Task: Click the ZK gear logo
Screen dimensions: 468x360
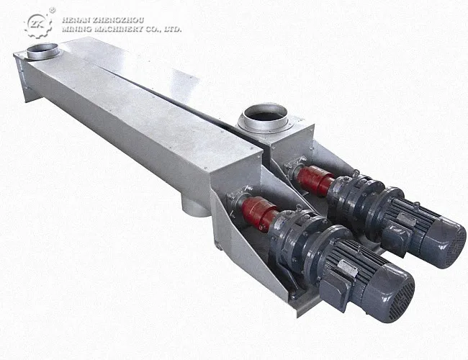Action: pyautogui.click(x=38, y=25)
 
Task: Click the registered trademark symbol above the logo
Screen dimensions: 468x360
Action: pyautogui.click(x=53, y=10)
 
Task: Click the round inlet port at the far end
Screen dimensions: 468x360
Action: pyautogui.click(x=42, y=51)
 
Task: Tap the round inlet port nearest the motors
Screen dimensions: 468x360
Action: pyautogui.click(x=265, y=117)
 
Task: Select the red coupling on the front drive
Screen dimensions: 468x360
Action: pyautogui.click(x=258, y=213)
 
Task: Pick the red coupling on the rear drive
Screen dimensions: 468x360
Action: pyautogui.click(x=315, y=180)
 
